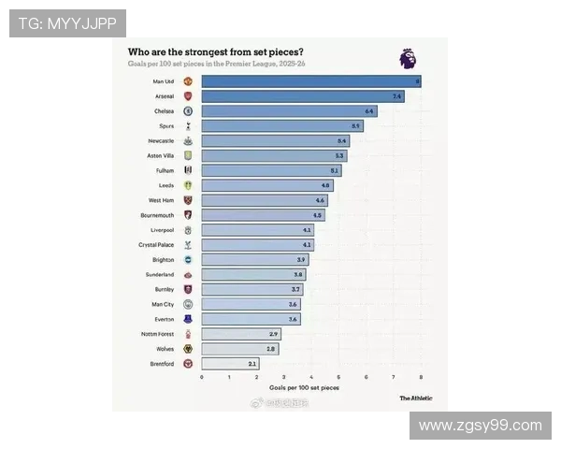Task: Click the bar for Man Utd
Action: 310,81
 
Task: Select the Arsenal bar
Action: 302,96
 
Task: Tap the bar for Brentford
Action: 229,363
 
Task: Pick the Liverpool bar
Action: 257,230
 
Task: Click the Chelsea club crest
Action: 188,111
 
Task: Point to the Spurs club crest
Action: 188,125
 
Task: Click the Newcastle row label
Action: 161,140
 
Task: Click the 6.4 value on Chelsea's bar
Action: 369,111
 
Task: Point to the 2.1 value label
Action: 252,363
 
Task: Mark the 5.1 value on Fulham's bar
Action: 334,170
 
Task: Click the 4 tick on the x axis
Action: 311,377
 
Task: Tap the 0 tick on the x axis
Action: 201,377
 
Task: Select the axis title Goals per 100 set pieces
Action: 304,386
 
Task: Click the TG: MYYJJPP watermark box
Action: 66,22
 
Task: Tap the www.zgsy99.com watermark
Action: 480,426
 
